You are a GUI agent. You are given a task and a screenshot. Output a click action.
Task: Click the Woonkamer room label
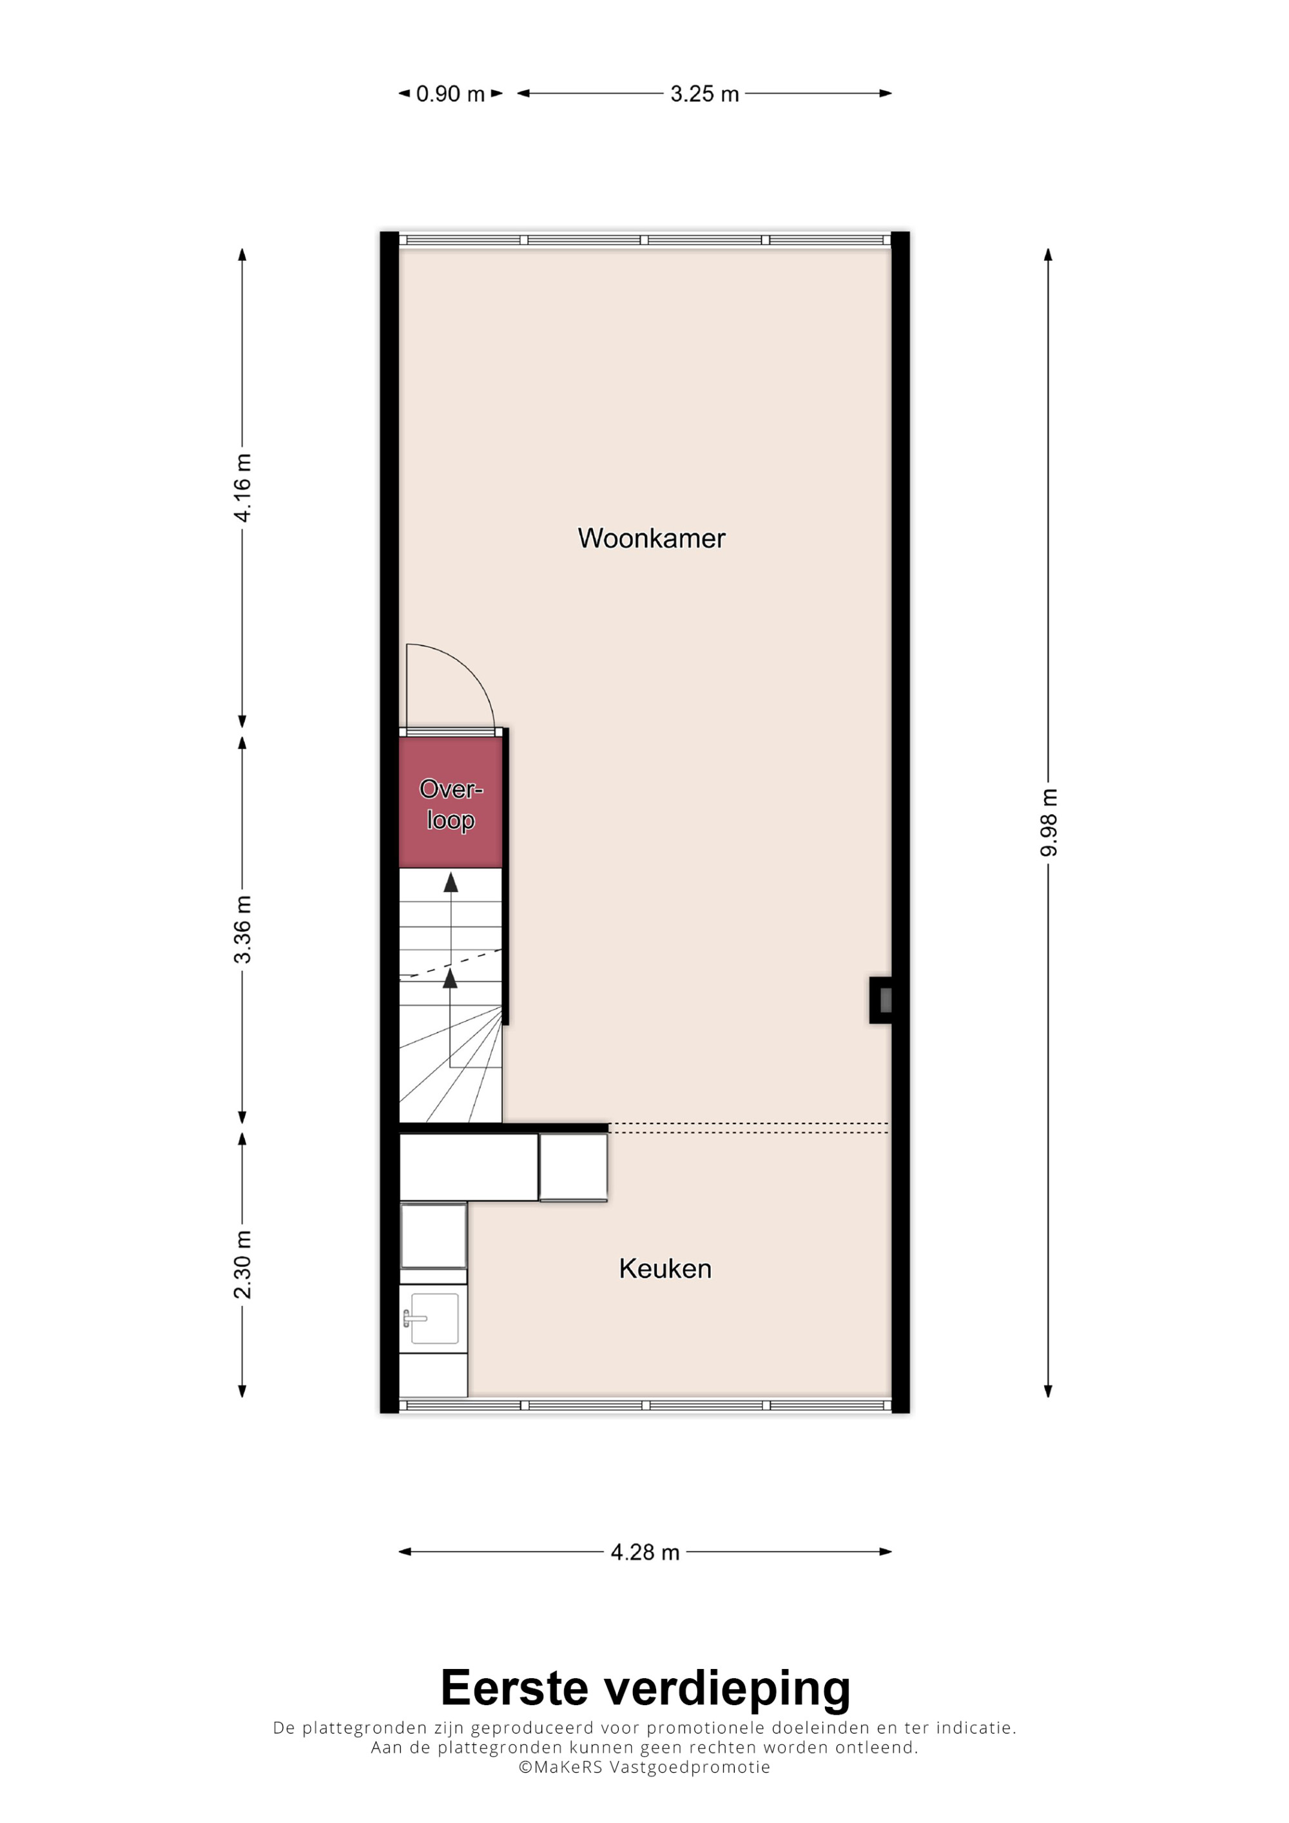[651, 539]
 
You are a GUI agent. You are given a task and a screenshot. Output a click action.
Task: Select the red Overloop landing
[451, 803]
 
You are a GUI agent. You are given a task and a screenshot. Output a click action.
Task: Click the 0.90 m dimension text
[451, 93]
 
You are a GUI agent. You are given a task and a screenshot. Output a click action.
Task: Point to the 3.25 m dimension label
[704, 93]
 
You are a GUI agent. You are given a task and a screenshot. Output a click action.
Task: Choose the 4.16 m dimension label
[242, 488]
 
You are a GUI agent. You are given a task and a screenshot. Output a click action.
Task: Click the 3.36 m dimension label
[242, 929]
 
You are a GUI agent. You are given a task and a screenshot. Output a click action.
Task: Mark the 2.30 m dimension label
[242, 1264]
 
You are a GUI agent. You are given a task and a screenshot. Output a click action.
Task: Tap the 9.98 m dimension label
[1049, 823]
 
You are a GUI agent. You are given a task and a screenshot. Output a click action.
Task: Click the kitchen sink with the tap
[433, 1319]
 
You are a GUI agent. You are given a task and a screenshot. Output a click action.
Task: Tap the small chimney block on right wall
[881, 1000]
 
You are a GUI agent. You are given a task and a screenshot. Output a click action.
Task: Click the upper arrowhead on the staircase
[451, 881]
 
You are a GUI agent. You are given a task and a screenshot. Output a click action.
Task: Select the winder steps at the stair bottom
[451, 1064]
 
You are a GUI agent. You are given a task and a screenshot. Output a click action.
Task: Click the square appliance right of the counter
[574, 1167]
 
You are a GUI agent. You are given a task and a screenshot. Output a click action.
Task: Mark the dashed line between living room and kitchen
[749, 1127]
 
